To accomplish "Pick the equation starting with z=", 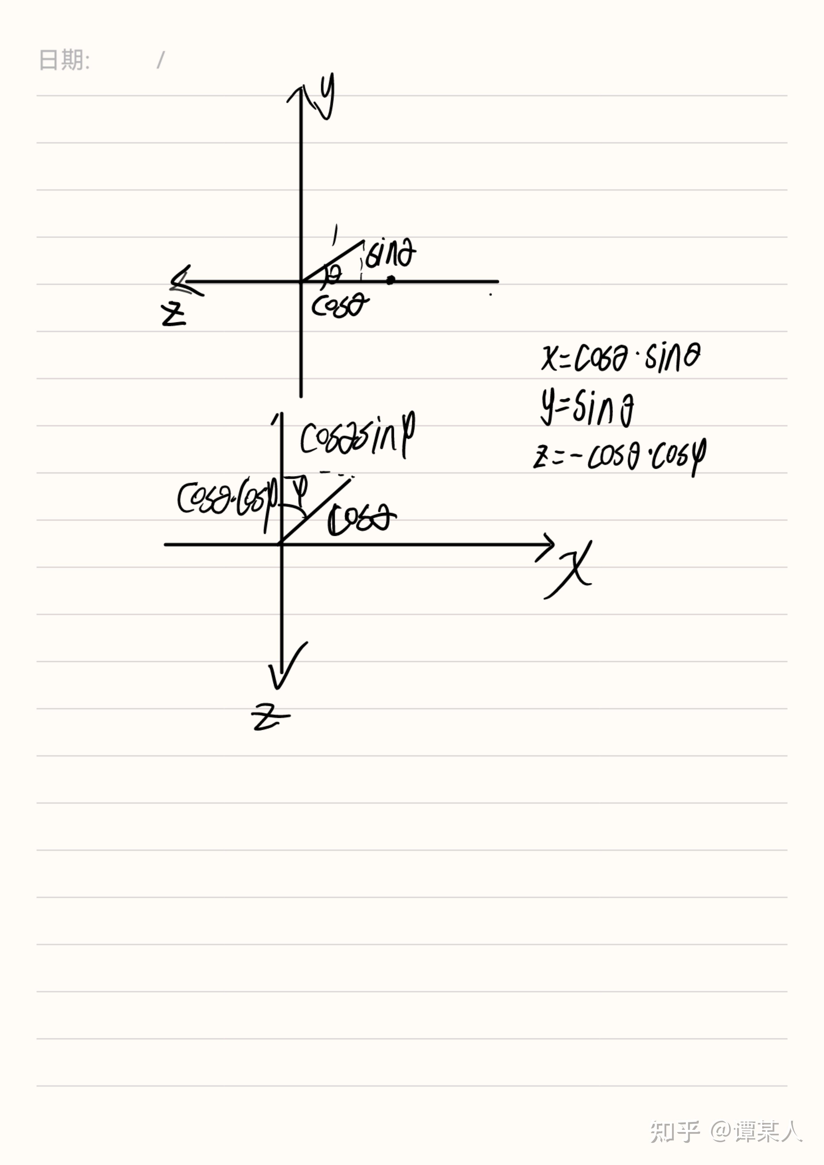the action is (619, 457).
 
